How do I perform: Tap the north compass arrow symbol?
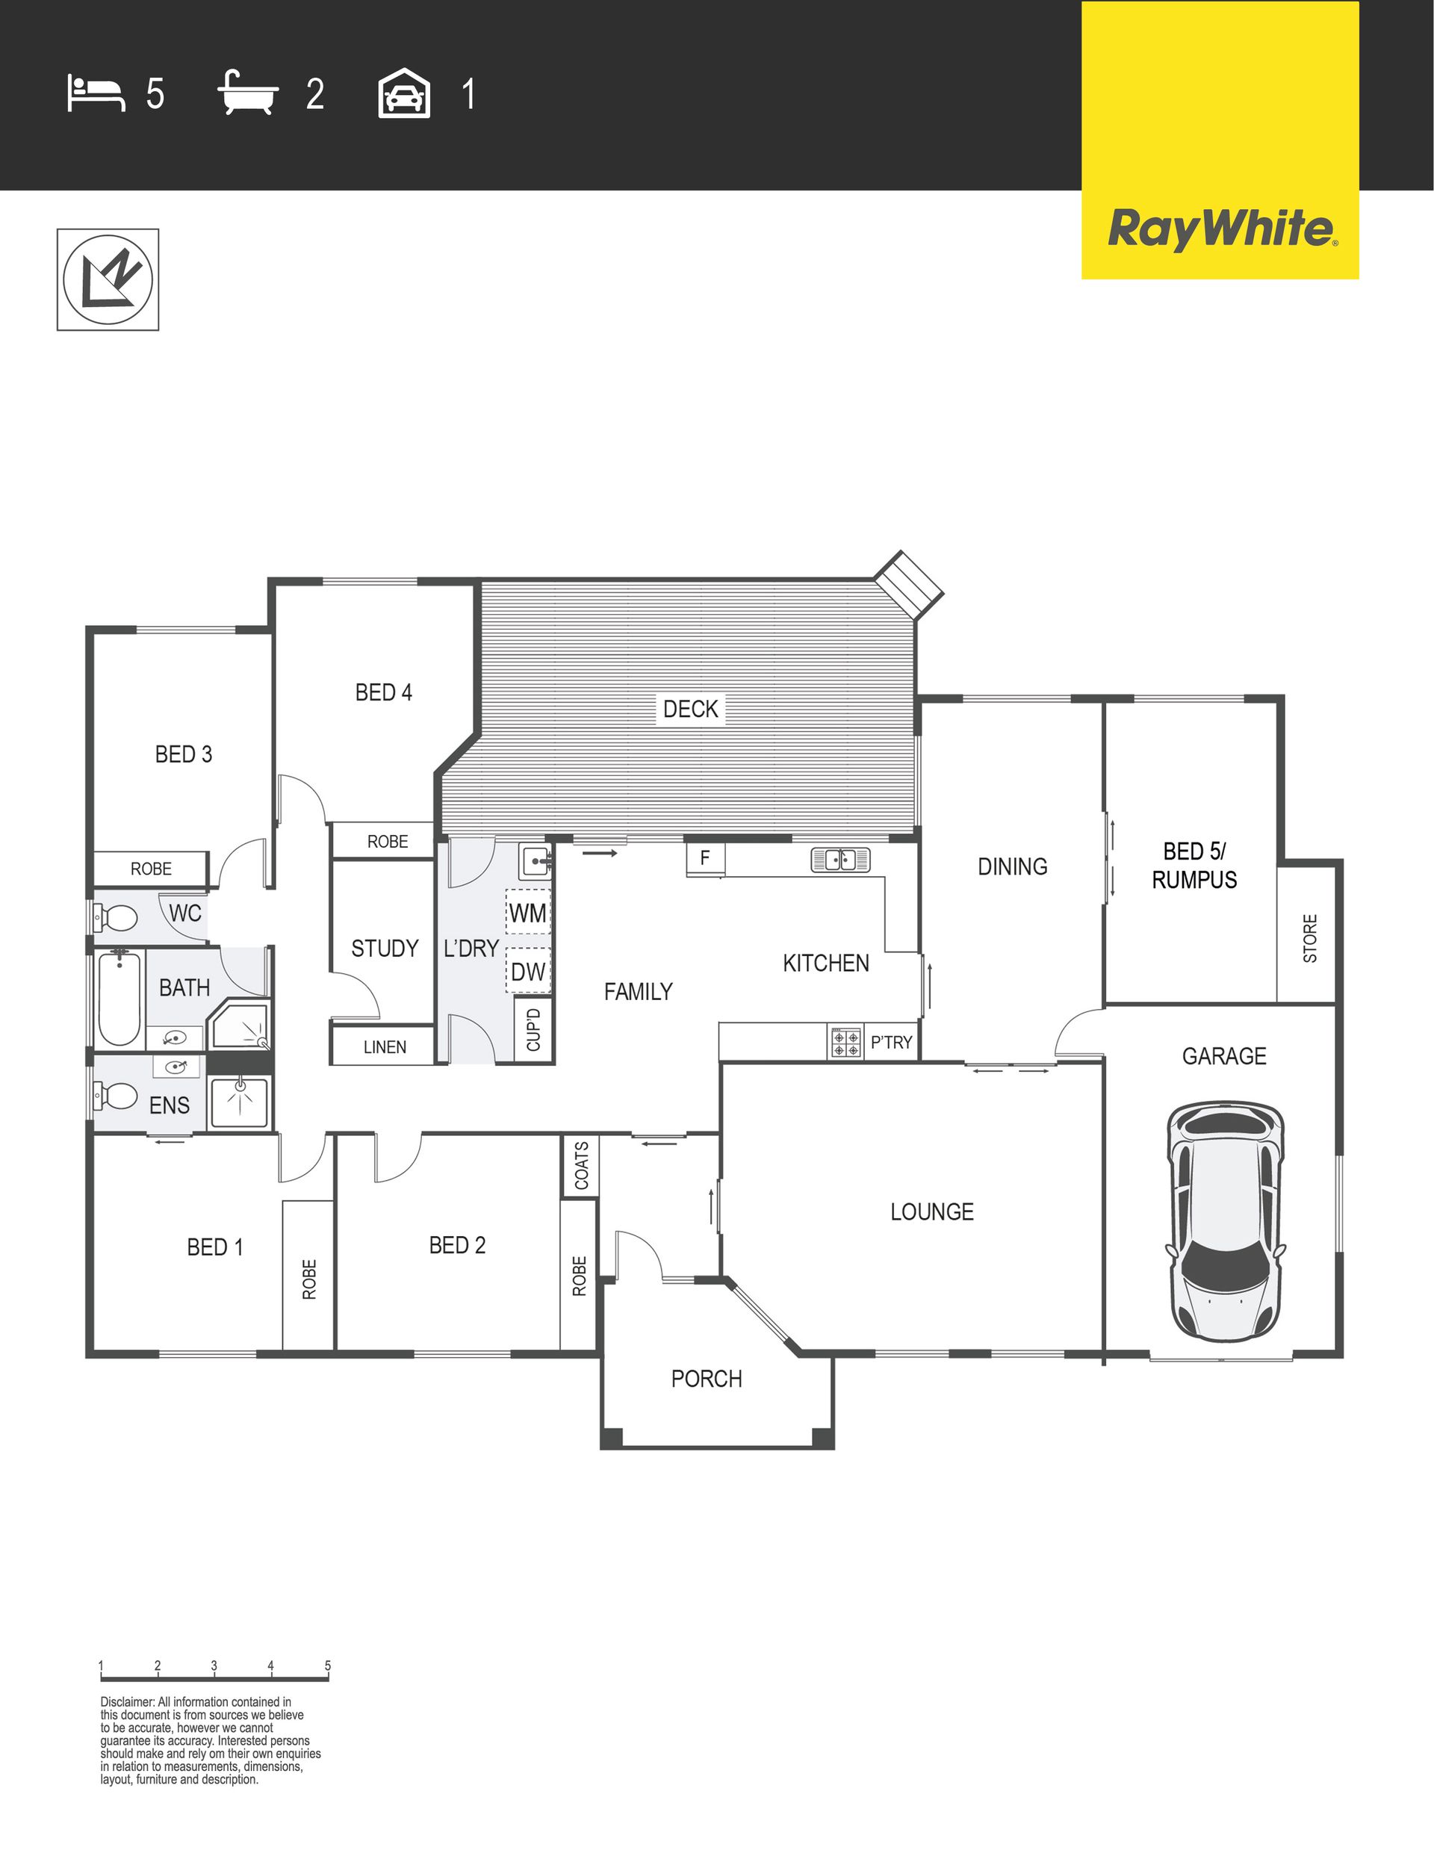point(108,279)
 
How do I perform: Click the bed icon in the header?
point(96,93)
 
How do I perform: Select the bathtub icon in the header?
point(248,93)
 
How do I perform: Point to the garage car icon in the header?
point(404,93)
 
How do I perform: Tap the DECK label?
point(690,709)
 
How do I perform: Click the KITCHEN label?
point(825,963)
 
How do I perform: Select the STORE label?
point(1310,938)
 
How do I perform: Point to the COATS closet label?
point(581,1165)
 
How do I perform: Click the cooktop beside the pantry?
point(845,1043)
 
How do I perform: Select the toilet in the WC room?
point(116,918)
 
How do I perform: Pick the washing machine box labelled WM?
point(528,913)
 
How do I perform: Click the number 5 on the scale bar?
point(327,1666)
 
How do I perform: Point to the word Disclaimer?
point(128,1702)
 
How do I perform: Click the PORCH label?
point(707,1379)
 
